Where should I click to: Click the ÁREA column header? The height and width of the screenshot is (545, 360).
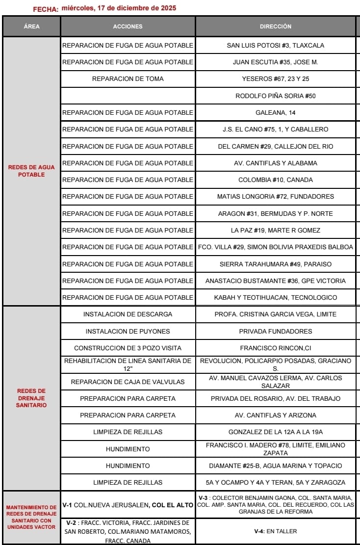32,26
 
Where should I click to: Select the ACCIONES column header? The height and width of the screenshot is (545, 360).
128,26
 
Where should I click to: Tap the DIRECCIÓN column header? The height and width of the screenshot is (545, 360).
275,26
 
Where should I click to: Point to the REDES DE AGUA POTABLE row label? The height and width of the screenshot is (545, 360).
31,171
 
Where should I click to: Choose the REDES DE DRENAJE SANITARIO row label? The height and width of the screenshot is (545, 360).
31,398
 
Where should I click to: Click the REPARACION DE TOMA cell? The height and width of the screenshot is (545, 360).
128,79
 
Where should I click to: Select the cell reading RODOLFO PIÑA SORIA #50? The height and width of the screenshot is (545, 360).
275,96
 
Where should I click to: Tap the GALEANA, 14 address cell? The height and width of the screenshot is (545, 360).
275,112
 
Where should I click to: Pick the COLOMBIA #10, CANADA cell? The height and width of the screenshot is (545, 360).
275,180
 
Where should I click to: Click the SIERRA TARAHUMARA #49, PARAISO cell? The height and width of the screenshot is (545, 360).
275,264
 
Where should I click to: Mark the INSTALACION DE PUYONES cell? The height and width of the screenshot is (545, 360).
128,331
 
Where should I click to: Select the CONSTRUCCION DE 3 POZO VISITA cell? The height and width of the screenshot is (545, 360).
128,348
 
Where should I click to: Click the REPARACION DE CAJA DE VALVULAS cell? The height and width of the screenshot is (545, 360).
128,382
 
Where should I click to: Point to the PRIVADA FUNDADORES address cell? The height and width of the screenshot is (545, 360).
275,331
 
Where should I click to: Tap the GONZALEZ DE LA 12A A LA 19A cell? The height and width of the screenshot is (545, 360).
275,432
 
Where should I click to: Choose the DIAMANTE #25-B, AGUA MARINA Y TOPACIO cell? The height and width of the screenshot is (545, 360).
275,466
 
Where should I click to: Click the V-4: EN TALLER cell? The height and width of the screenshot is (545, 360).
275,531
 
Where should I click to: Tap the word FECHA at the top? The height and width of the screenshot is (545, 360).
46,9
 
